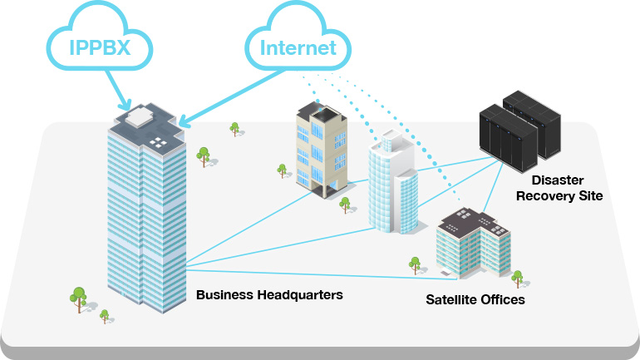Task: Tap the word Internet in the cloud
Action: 298,47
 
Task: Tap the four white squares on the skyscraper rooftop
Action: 157,142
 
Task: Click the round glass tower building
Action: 393,186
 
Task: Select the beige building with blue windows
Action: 319,150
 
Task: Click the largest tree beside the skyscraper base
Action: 79,297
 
